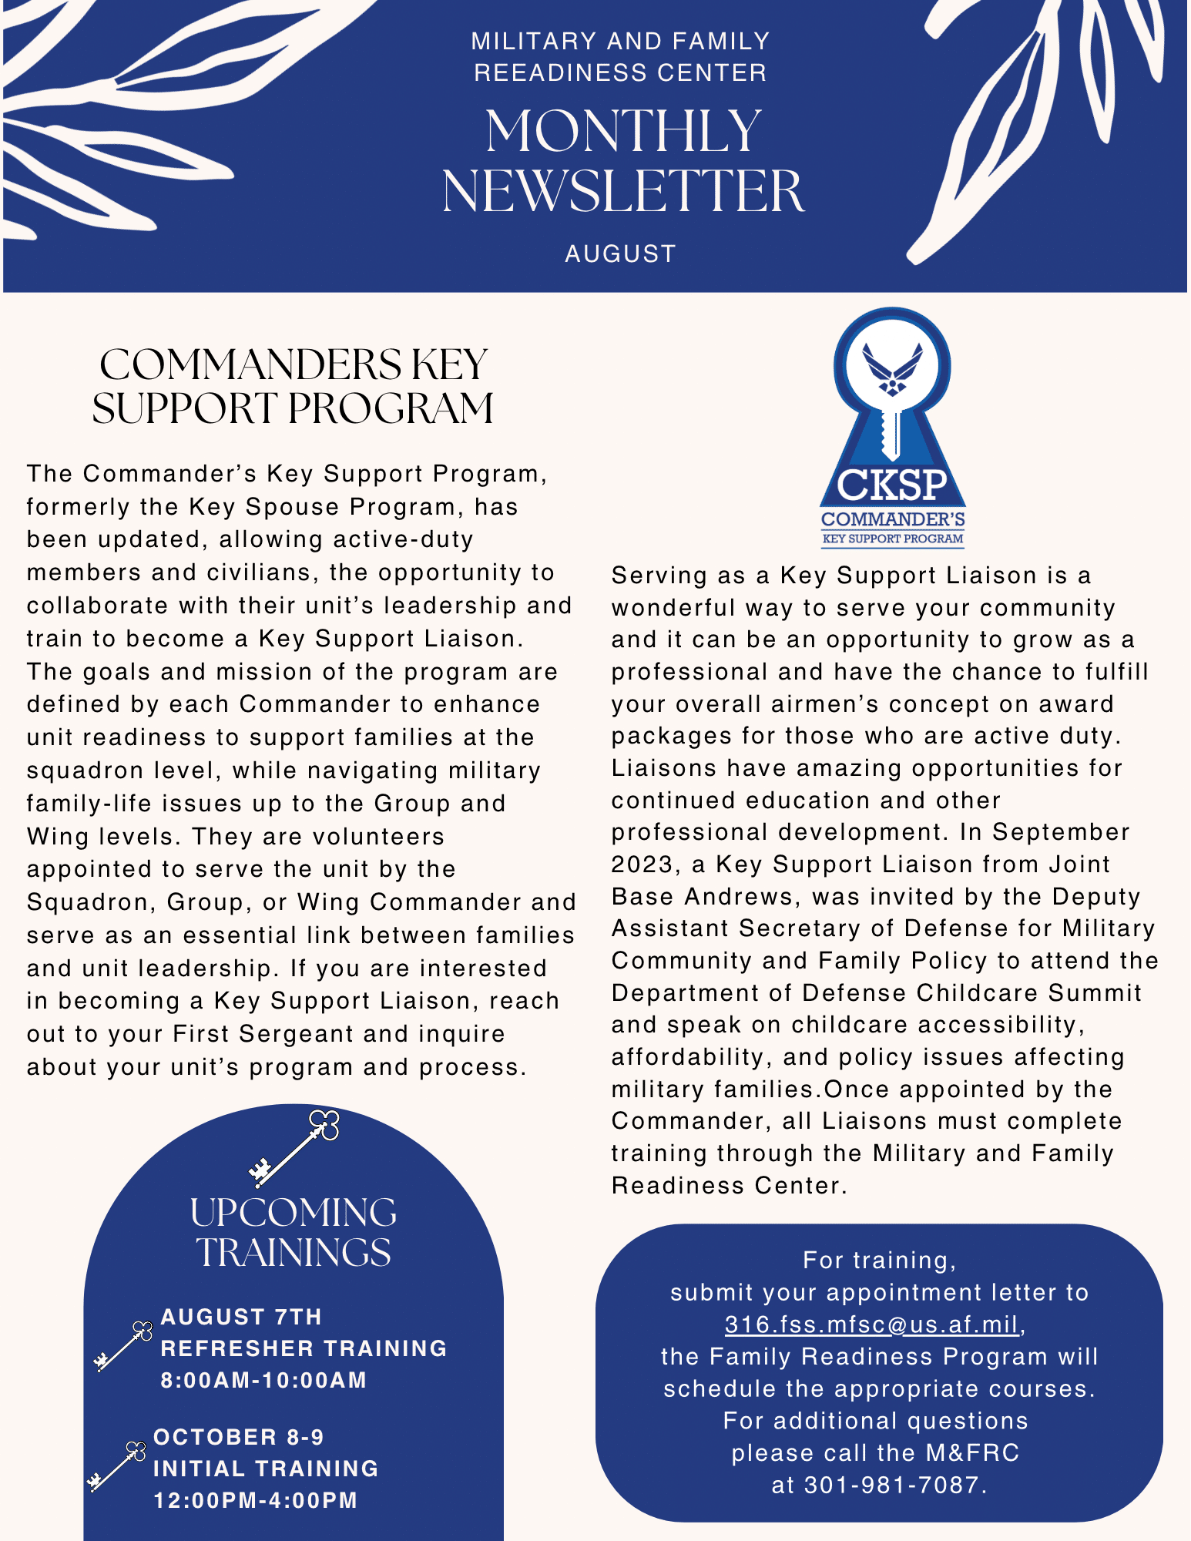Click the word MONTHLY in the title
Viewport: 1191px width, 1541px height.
click(623, 132)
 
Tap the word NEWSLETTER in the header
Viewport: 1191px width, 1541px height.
click(623, 192)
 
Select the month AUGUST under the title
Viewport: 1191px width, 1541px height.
click(620, 253)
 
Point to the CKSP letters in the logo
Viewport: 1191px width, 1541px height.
click(892, 485)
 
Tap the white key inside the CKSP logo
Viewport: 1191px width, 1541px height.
click(891, 431)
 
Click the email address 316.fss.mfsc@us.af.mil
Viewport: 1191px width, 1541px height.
click(873, 1324)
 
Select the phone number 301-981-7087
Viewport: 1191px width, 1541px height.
click(891, 1485)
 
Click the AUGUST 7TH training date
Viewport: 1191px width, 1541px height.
click(241, 1317)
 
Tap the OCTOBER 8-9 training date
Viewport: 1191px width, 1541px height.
click(239, 1437)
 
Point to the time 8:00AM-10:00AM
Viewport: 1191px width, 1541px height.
click(263, 1380)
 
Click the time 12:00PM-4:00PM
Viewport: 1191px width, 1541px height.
click(256, 1500)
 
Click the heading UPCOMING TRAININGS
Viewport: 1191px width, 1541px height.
click(294, 1232)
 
